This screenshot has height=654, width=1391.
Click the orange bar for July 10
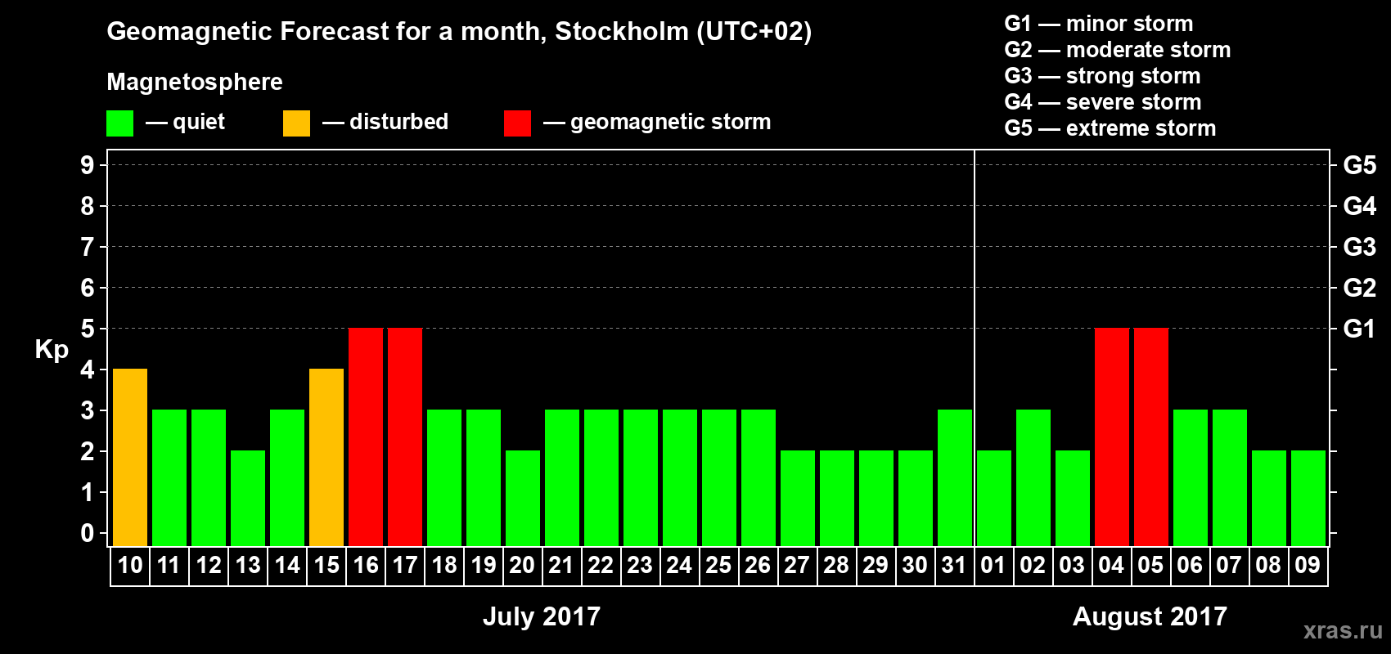130,457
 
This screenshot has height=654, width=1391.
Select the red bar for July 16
366,437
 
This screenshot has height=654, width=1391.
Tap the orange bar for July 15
326,457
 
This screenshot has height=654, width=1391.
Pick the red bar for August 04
1112,437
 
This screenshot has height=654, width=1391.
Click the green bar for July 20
523,498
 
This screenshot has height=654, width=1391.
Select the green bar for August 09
1308,498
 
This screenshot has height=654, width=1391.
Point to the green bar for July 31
955,477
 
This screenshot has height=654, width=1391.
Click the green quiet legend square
119,123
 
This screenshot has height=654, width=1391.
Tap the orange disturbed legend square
296,123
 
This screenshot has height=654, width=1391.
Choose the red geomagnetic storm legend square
517,123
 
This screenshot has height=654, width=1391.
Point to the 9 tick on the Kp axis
88,165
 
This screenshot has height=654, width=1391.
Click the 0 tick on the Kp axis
88,533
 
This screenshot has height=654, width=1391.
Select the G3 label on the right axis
1359,247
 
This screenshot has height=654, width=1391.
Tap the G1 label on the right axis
1359,329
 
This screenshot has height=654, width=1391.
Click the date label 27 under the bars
797,565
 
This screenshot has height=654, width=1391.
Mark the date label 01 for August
993,565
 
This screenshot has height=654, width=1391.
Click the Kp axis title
52,349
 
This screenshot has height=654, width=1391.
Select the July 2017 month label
542,616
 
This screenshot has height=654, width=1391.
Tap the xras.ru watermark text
1343,629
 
